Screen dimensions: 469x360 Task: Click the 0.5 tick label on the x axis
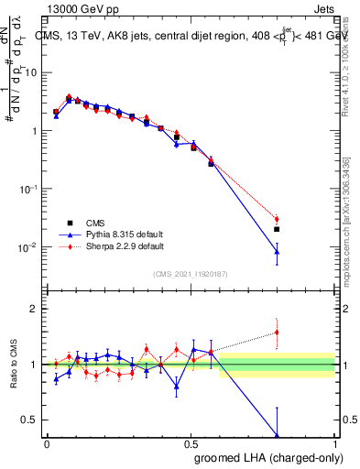191,443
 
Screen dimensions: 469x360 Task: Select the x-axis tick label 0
47,443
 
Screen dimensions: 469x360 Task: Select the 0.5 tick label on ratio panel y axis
32,420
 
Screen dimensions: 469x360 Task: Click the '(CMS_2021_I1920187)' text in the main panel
191,273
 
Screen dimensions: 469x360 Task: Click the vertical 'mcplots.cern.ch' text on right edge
352,229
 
